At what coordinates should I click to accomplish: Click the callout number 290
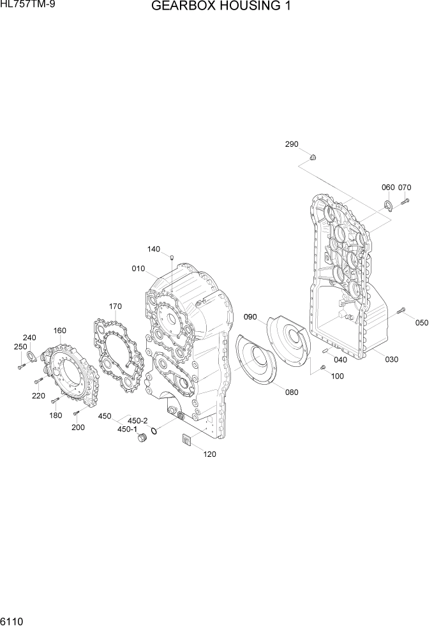[x=292, y=145]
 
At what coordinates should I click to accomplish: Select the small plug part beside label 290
[x=313, y=156]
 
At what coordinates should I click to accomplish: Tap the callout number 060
[x=388, y=188]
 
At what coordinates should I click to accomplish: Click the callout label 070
[x=405, y=188]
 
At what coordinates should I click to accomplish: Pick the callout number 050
[x=422, y=323]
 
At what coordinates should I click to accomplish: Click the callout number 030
[x=391, y=359]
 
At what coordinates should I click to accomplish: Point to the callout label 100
[x=337, y=376]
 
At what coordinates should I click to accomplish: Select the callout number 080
[x=292, y=392]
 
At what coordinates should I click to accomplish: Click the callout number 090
[x=250, y=317]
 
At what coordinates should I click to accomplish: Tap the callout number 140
[x=154, y=249]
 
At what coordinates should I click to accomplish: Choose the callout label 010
[x=138, y=269]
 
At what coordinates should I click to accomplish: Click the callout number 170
[x=115, y=307]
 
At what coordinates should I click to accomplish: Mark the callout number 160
[x=60, y=331]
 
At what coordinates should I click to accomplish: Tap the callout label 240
[x=29, y=338]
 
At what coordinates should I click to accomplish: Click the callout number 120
[x=210, y=454]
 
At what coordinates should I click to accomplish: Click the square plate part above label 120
[x=187, y=440]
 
